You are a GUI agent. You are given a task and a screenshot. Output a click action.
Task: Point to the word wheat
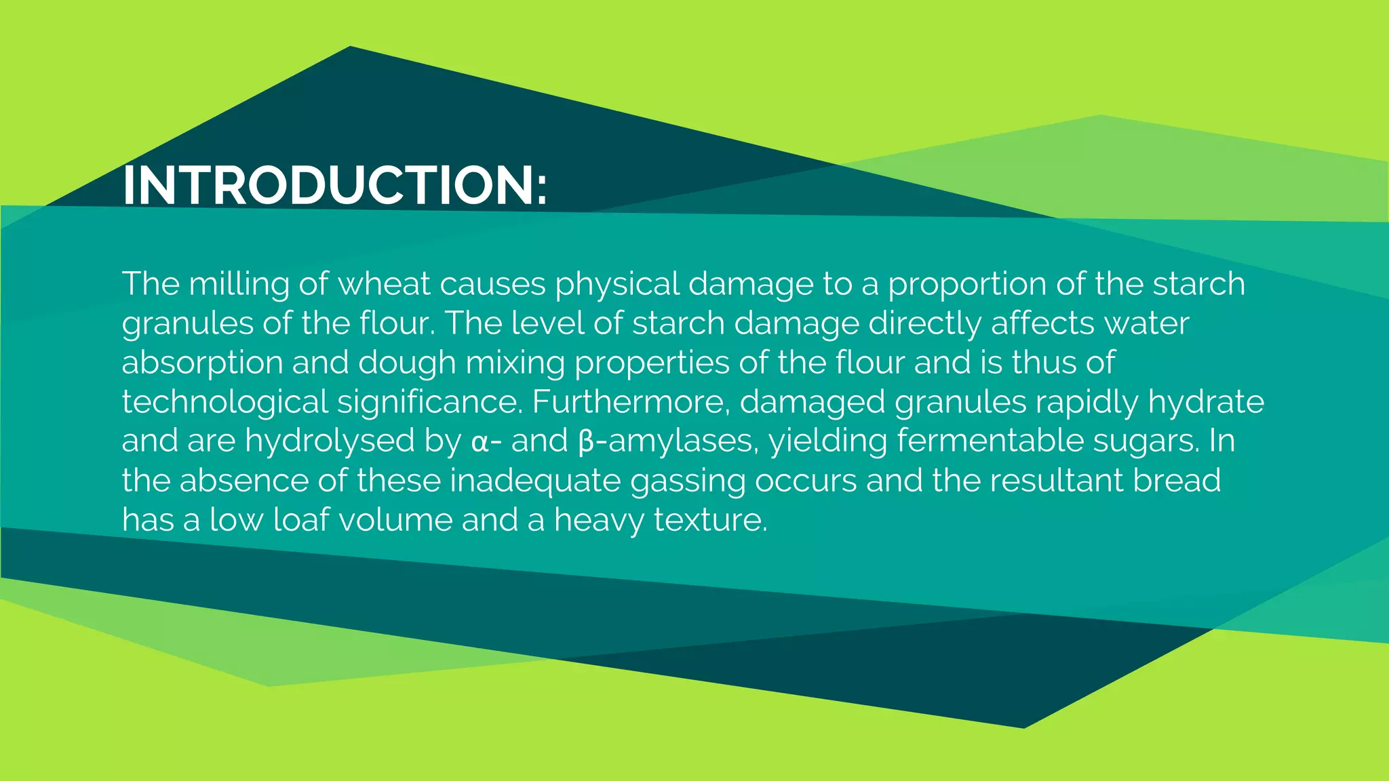(384, 283)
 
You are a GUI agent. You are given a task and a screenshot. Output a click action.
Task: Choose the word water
(1146, 323)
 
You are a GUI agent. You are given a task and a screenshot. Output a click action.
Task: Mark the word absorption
(202, 363)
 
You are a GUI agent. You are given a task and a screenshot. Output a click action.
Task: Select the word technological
(224, 402)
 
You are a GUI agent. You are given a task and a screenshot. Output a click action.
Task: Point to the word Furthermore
(630, 402)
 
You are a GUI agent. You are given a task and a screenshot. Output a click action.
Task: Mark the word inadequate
(535, 481)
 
